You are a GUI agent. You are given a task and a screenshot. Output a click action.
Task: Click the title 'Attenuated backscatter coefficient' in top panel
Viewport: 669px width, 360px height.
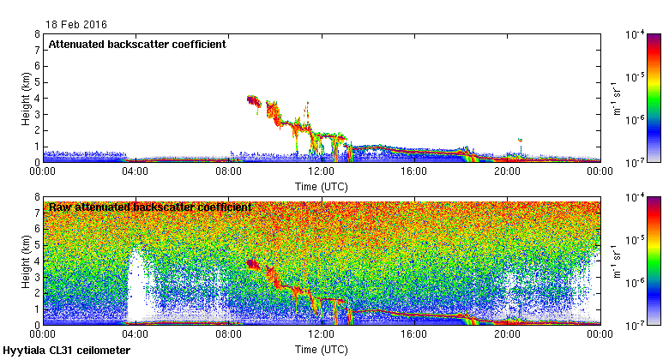tap(137, 44)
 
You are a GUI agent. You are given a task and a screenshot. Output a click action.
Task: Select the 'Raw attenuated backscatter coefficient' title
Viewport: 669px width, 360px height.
tap(150, 207)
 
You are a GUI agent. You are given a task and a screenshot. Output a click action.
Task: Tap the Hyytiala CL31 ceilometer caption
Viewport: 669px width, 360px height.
tap(67, 351)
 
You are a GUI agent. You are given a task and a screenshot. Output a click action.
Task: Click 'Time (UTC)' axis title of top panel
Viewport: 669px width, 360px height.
tap(321, 185)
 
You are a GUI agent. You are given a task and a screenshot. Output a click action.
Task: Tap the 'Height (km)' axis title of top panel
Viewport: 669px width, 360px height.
tap(27, 98)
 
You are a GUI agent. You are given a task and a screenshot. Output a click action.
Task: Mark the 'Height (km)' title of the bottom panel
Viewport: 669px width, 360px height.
tap(27, 261)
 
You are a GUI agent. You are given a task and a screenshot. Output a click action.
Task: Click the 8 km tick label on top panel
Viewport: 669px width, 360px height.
tap(37, 34)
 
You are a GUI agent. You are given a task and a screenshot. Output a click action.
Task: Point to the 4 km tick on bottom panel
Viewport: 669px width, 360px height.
tap(37, 261)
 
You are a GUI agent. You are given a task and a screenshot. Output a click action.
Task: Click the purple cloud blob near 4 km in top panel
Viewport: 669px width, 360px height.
tap(252, 100)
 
